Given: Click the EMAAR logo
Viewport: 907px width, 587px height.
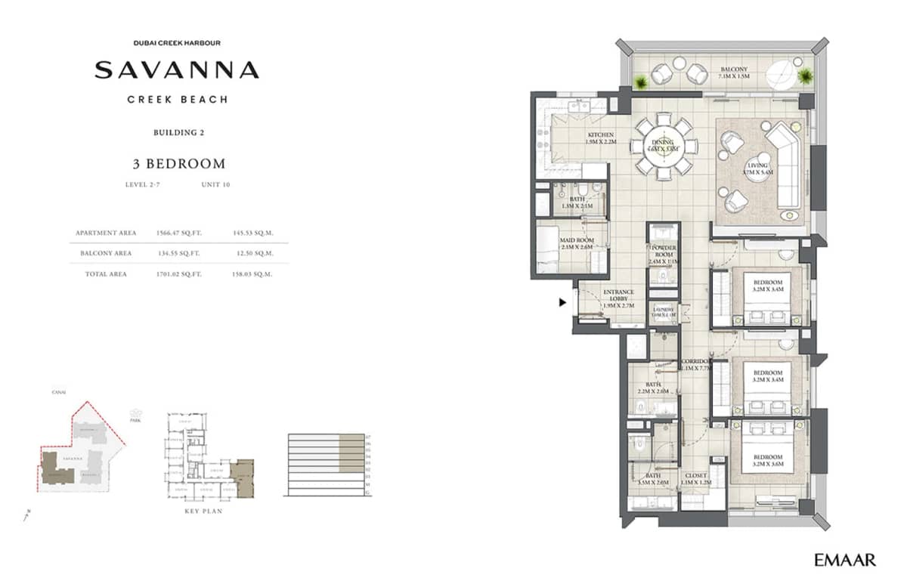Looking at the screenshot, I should pos(845,560).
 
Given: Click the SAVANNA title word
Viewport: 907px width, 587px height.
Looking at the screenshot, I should pos(177,71).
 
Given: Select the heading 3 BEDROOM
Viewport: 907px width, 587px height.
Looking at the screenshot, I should pos(177,163).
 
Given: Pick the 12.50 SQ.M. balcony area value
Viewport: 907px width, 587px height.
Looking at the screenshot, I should pos(253,253).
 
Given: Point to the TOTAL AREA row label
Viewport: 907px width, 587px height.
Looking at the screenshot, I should pos(106,273).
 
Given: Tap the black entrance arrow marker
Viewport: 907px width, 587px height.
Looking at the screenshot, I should pos(562,303).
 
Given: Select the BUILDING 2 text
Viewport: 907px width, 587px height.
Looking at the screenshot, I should pos(179,133).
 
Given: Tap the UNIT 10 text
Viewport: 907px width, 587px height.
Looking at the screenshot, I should pos(215,184).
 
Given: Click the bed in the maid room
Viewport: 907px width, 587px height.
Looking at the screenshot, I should pos(548,250).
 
